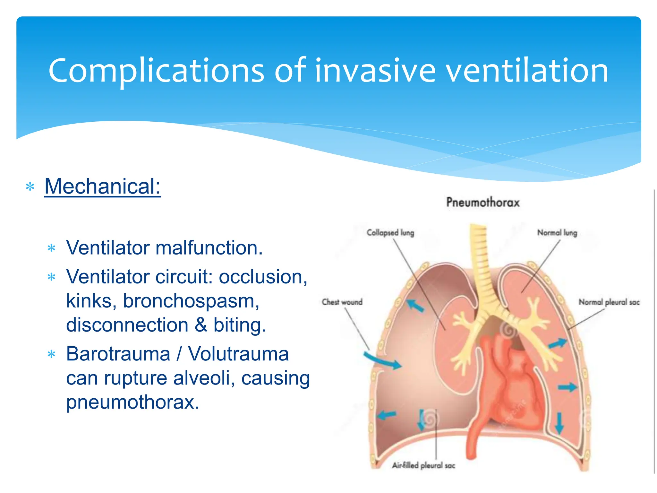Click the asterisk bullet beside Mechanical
[30, 187]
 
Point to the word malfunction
[209, 248]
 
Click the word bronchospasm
[191, 301]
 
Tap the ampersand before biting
[201, 325]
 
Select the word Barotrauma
[118, 354]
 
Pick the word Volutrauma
[238, 354]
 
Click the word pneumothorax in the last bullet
[132, 402]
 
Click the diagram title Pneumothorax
[483, 202]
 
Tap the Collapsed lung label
[390, 232]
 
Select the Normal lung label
[557, 232]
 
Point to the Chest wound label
[342, 302]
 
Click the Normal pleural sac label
[609, 302]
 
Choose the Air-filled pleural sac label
[423, 465]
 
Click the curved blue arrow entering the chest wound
[382, 360]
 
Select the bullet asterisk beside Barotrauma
[51, 354]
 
